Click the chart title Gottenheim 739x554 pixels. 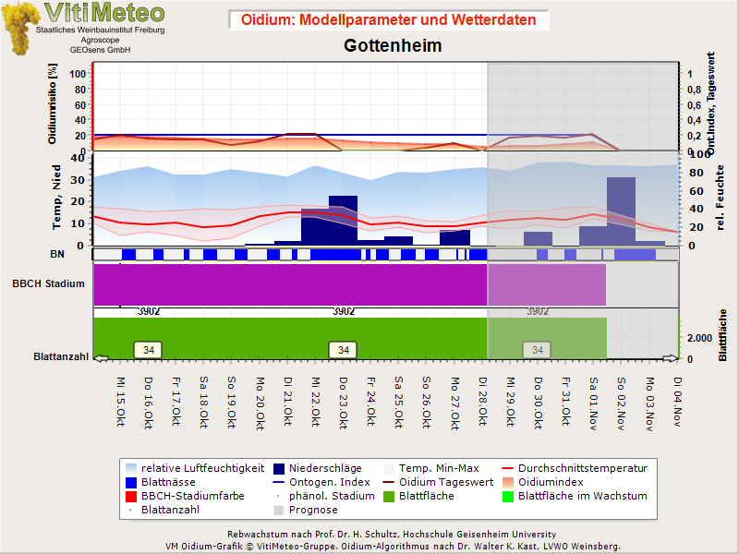[x=393, y=45]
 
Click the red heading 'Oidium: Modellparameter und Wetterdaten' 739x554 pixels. [x=389, y=19]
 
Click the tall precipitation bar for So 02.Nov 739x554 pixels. [x=621, y=211]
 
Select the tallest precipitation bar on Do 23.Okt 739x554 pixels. [x=343, y=220]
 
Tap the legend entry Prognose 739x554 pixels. [x=313, y=510]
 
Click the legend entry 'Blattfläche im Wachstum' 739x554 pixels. [x=582, y=496]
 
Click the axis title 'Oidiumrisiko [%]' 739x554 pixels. [x=54, y=103]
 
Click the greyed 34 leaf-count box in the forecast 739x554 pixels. [x=537, y=350]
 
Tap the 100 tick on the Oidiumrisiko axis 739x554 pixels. [x=78, y=74]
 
